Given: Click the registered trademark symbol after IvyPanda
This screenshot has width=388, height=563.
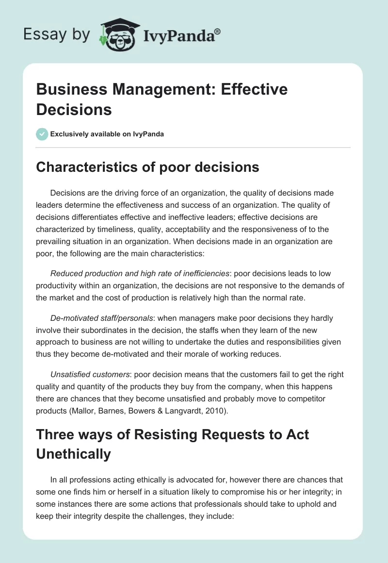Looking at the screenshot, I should tap(218, 32).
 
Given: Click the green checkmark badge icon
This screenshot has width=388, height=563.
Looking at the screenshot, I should tap(42, 134).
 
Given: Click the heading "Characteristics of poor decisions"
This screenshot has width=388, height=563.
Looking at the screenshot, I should tap(148, 167).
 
